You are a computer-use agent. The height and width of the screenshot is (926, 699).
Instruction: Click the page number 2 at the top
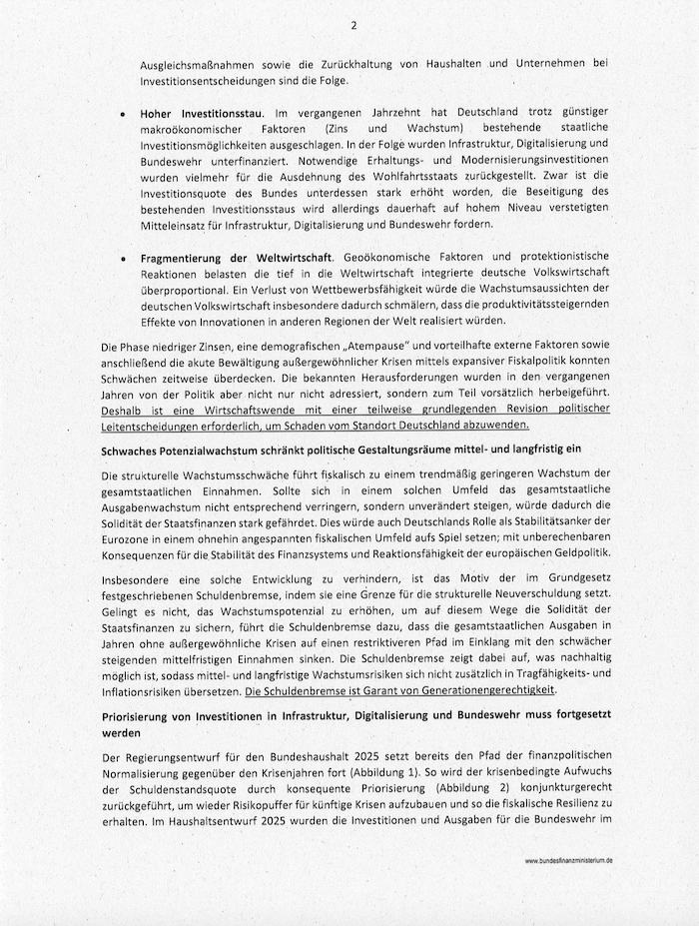coord(352,25)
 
